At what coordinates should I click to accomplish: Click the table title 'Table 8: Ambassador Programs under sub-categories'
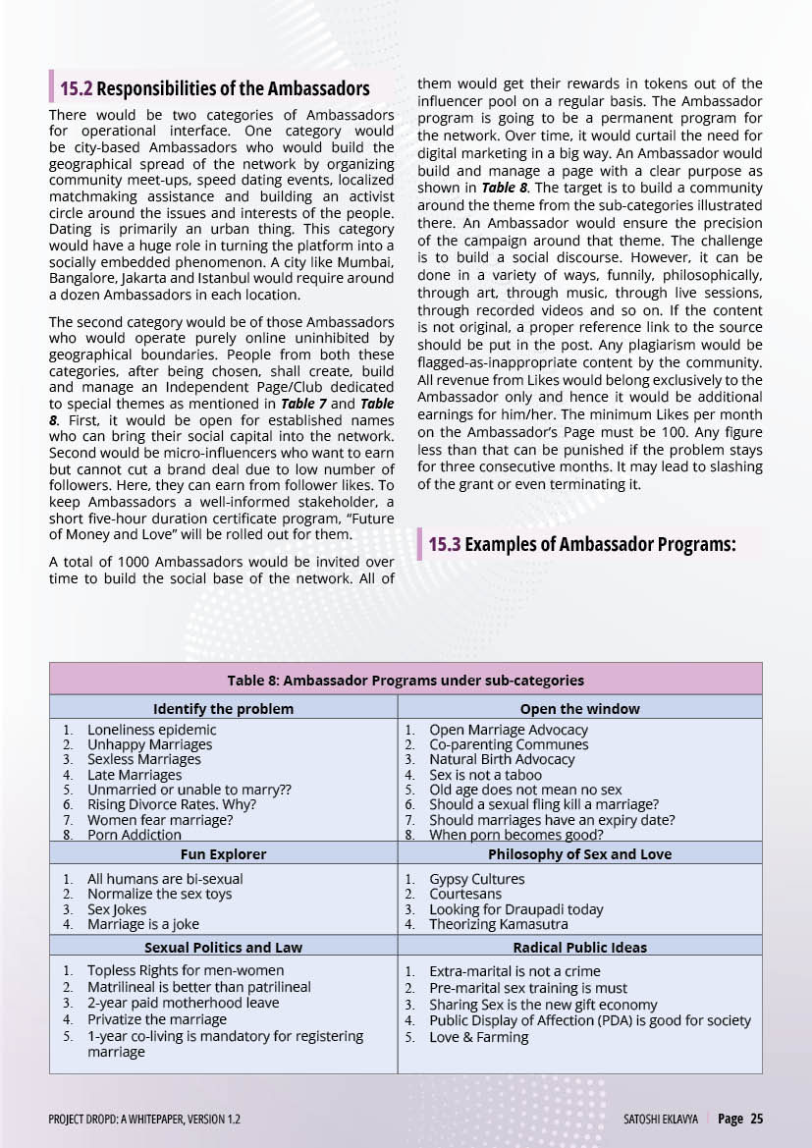pos(406,680)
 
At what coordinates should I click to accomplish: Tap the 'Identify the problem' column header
pos(223,708)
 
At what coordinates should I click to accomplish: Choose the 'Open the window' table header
pos(579,708)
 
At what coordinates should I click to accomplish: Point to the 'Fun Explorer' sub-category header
pos(223,854)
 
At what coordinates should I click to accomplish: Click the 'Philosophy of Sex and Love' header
pos(579,854)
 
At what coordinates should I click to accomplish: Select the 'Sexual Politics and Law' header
pos(223,948)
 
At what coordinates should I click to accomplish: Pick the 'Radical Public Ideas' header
pos(579,948)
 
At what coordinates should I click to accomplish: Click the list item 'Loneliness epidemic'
pos(151,730)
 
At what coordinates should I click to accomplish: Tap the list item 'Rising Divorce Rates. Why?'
pos(171,804)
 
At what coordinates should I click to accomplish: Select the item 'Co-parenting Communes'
pos(509,744)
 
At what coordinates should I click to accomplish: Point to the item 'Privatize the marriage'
pos(156,1019)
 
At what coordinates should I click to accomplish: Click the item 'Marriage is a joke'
pos(142,924)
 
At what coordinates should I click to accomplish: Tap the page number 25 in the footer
pos(756,1119)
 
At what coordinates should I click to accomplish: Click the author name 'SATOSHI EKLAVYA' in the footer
pos(660,1119)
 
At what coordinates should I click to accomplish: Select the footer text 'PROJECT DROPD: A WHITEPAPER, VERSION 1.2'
pos(144,1119)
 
